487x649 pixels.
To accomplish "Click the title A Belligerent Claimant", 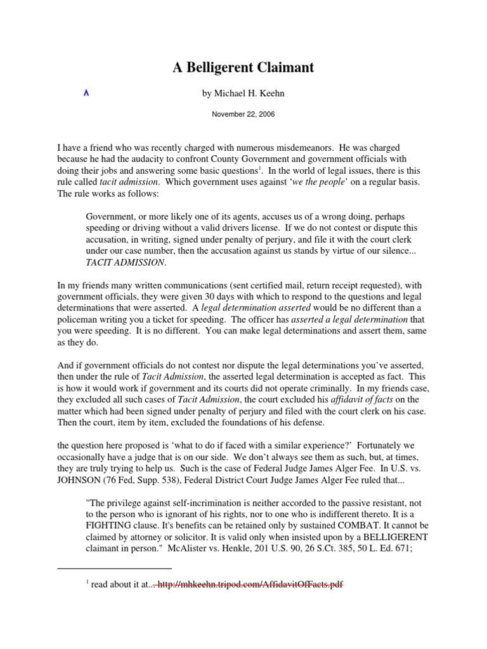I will coord(243,67).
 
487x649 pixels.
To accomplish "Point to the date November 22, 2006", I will coord(243,115).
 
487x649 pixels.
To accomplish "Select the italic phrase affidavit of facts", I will coord(366,399).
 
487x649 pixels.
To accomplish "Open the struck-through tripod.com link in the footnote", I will coord(250,585).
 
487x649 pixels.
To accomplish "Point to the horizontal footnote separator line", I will coord(114,569).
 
